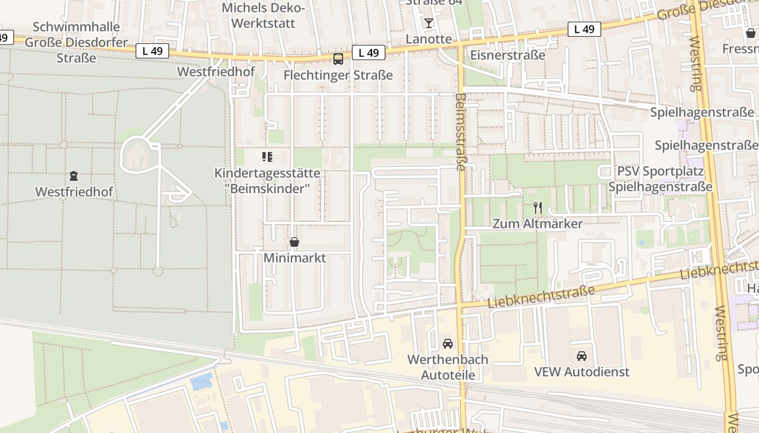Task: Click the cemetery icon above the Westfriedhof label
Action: click(x=73, y=175)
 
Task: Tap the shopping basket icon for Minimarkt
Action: click(x=294, y=242)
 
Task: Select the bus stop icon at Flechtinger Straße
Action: click(x=338, y=59)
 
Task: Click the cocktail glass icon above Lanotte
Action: click(x=429, y=23)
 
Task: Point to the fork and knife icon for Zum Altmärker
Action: click(x=538, y=208)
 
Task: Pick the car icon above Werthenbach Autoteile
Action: click(x=448, y=343)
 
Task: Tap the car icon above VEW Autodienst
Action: click(x=582, y=356)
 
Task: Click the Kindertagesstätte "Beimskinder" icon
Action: click(x=267, y=157)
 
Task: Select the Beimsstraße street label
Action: click(x=460, y=132)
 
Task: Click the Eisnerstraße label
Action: click(x=507, y=55)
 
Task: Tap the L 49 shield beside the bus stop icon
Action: click(x=369, y=53)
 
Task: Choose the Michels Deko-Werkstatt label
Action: click(x=264, y=16)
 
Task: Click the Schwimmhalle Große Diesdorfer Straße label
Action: click(x=76, y=42)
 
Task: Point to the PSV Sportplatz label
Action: click(x=660, y=172)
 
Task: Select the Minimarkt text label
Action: click(x=294, y=258)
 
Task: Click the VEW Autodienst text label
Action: click(x=582, y=372)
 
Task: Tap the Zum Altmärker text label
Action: click(x=537, y=224)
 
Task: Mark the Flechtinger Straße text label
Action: click(x=338, y=75)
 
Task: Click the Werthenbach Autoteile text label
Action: click(x=448, y=367)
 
